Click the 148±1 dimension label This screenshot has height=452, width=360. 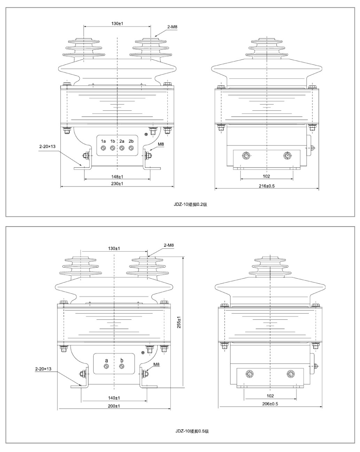(x=117, y=177)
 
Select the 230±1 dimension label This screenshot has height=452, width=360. (x=117, y=184)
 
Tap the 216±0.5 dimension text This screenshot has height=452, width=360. (x=267, y=186)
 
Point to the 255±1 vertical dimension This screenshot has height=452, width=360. (x=179, y=323)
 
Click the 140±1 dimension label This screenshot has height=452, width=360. (x=114, y=398)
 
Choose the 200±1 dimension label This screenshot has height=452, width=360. (x=114, y=406)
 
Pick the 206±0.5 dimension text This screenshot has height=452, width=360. (x=270, y=404)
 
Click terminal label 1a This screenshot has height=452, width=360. (x=103, y=141)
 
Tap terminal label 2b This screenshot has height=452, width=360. (x=131, y=141)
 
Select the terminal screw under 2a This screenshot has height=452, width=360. (x=122, y=148)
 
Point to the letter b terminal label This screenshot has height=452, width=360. (x=122, y=360)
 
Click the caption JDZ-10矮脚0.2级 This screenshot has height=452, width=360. (x=190, y=204)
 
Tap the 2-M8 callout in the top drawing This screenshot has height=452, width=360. (x=172, y=27)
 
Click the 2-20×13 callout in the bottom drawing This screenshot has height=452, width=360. (x=43, y=369)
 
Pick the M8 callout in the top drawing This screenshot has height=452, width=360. (x=161, y=144)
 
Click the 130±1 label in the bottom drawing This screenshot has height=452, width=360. (x=114, y=248)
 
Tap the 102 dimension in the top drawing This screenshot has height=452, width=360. (x=266, y=176)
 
